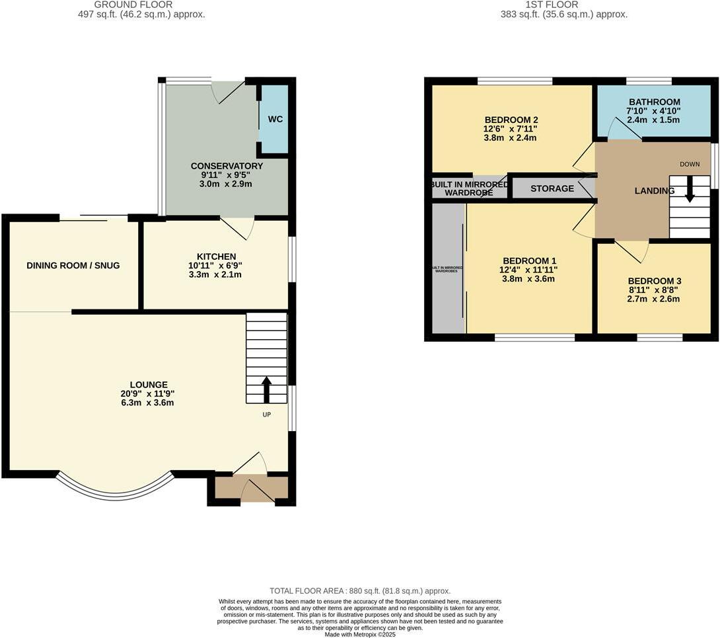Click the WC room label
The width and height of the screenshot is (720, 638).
coord(275,120)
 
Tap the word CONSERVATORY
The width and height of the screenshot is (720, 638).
coord(227,166)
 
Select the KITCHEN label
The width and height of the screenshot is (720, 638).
coord(216,257)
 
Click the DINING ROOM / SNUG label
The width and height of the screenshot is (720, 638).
coord(73,266)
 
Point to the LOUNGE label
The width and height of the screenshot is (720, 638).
coord(149,384)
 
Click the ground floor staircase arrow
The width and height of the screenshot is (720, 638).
coord(267,389)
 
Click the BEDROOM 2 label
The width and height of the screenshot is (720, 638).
coord(511,120)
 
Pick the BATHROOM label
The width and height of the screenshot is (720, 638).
coord(654,102)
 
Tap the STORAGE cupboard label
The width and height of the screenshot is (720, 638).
coord(552,188)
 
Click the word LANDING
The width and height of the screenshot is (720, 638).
coord(654,191)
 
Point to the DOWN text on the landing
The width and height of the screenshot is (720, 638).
coord(690,164)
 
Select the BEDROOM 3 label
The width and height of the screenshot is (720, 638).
coord(654,280)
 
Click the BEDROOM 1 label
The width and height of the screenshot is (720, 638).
coord(529,260)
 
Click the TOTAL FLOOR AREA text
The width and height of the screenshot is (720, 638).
coord(360,590)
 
